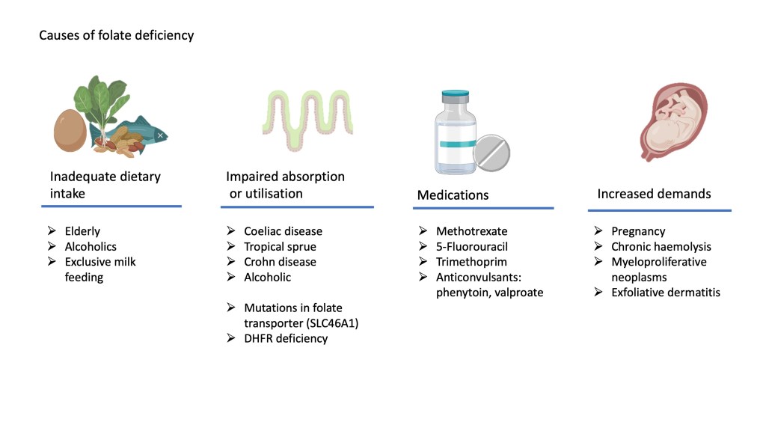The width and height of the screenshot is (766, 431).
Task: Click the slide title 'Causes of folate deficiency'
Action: click(x=116, y=35)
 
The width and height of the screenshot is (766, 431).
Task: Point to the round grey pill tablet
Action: click(x=491, y=153)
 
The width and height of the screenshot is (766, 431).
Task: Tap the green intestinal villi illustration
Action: click(x=307, y=116)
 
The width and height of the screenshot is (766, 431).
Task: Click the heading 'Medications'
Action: click(x=452, y=195)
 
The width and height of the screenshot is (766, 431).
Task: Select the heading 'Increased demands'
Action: click(x=654, y=194)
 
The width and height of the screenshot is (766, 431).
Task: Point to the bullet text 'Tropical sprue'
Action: click(x=280, y=247)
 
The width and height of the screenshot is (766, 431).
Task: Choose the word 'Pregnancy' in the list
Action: click(x=638, y=232)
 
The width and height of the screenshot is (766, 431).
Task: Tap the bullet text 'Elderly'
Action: click(x=82, y=232)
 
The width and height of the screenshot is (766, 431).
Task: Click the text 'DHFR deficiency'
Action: click(x=286, y=338)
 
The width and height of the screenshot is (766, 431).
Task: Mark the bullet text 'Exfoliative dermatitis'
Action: click(x=666, y=293)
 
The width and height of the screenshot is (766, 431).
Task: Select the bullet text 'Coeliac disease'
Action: click(x=283, y=232)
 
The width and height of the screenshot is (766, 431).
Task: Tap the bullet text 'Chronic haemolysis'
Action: click(x=661, y=247)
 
